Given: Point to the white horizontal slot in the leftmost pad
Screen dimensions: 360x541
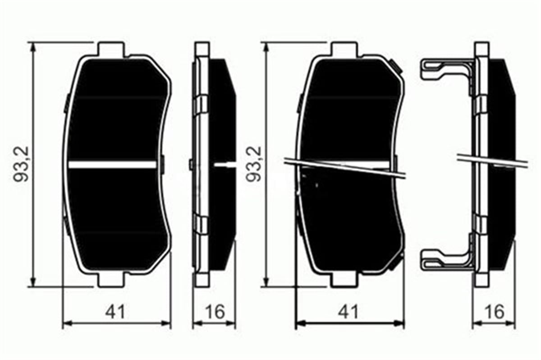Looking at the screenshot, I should [x=113, y=165].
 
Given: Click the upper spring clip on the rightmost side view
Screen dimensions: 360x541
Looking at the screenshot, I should [x=444, y=70].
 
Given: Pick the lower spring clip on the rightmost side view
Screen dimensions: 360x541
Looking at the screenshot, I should [x=444, y=261].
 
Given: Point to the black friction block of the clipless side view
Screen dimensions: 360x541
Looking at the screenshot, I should [x=223, y=135].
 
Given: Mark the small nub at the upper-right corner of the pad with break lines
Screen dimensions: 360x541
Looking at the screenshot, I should [x=398, y=68].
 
